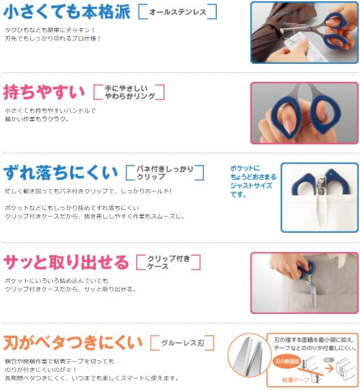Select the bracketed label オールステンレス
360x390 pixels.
coord(177,12)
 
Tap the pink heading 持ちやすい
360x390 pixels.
coord(43,92)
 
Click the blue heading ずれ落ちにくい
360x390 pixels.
coord(61,172)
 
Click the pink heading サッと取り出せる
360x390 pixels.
coord(66,262)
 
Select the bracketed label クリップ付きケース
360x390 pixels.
coord(168,262)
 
